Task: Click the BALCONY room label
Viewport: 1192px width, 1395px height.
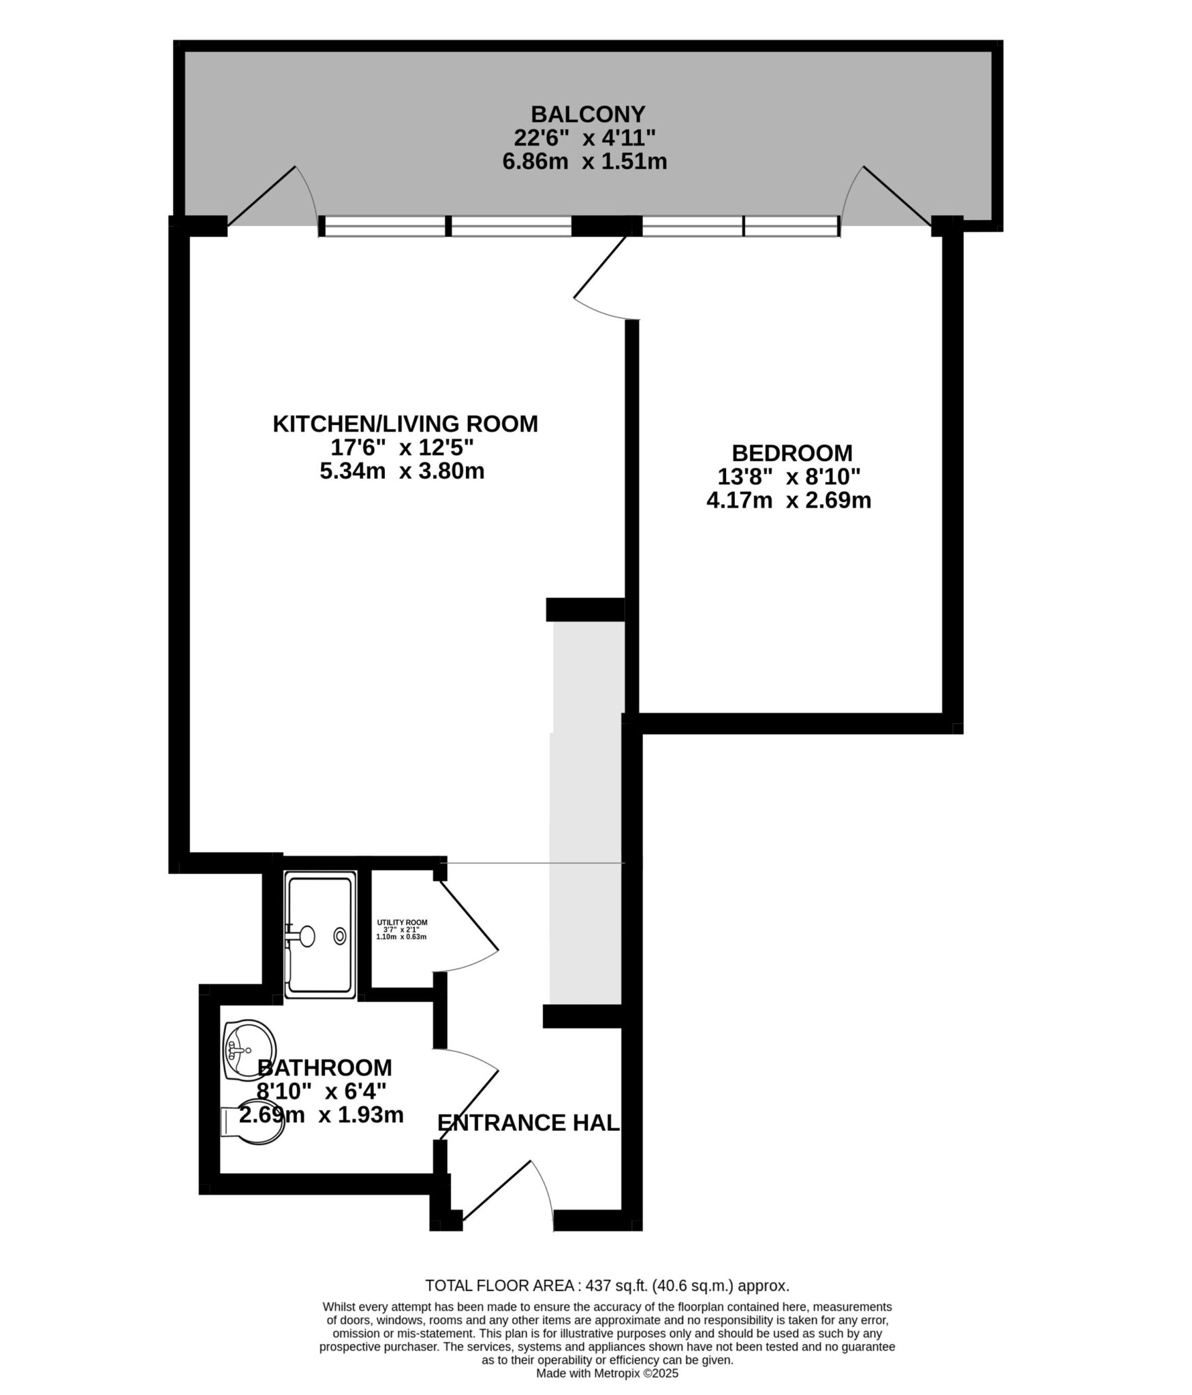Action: [x=588, y=113]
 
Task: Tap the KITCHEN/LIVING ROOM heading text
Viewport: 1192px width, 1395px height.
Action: [x=405, y=424]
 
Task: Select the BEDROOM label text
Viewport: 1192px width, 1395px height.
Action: [x=792, y=453]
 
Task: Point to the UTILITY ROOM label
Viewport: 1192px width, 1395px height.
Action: [x=402, y=923]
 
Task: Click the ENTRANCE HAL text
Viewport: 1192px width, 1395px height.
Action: [x=529, y=1123]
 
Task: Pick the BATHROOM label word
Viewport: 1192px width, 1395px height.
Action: [x=325, y=1067]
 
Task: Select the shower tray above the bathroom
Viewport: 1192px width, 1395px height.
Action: [x=320, y=935]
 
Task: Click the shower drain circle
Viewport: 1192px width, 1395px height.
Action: [x=340, y=937]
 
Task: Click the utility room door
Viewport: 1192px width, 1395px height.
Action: [x=469, y=915]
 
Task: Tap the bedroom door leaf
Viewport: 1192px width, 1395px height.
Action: [x=600, y=267]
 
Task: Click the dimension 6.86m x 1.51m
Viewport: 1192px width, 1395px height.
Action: [x=584, y=162]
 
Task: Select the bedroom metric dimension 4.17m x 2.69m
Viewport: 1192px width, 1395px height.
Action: [x=789, y=501]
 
